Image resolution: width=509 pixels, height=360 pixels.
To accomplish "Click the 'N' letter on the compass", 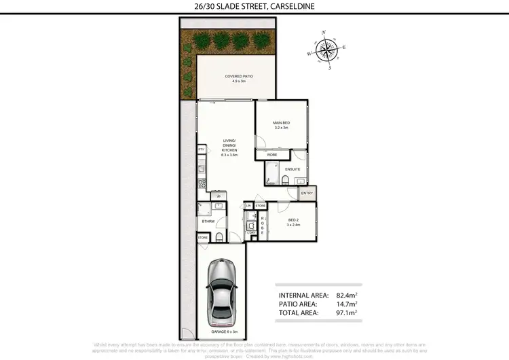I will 324,33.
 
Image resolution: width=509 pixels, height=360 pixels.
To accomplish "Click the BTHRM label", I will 208,221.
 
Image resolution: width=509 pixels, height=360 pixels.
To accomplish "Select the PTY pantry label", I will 202,149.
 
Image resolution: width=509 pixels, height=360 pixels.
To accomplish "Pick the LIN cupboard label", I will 249,205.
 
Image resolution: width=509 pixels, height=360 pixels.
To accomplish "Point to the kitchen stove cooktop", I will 201,184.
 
